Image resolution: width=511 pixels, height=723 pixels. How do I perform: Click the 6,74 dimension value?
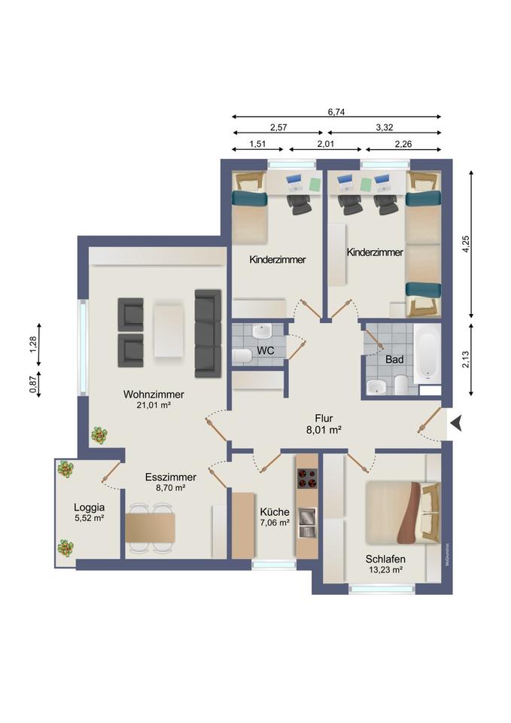(336, 111)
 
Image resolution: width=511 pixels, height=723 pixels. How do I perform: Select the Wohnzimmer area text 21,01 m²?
(154, 405)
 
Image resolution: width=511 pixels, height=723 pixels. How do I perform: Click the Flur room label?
(324, 418)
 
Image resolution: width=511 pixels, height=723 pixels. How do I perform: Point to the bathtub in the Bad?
(427, 354)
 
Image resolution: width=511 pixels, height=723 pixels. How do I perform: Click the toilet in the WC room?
(242, 356)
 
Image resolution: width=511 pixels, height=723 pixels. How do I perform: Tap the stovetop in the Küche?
(307, 478)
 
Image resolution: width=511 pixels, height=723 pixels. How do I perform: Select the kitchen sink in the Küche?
(307, 523)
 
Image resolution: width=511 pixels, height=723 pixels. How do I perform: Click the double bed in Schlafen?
(403, 513)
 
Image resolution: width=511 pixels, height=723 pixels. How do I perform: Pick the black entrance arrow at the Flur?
(456, 423)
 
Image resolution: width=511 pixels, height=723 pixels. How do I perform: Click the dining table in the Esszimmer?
(151, 528)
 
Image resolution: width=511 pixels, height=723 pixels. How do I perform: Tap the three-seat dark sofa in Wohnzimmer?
(208, 334)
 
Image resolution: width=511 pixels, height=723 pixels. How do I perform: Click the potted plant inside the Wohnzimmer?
(99, 435)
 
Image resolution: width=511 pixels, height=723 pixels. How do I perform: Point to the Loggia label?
(90, 507)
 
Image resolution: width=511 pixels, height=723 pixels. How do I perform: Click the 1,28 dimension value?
(32, 344)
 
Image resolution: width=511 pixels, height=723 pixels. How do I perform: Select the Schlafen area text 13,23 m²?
(385, 569)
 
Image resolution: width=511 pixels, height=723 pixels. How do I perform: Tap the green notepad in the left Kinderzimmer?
(315, 184)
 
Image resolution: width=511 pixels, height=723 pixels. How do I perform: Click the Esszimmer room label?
(171, 477)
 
